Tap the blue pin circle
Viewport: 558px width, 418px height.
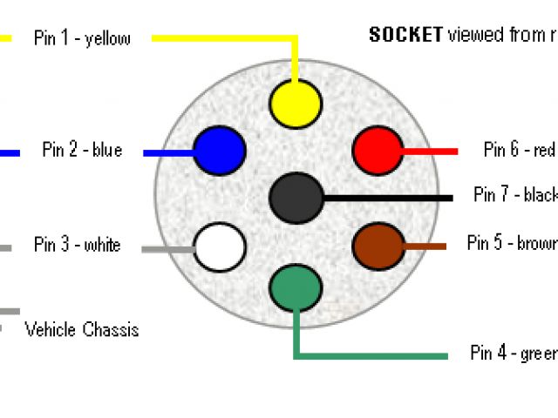219,151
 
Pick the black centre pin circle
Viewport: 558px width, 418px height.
296,198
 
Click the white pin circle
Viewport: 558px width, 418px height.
219,246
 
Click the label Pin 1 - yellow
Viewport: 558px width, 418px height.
82,38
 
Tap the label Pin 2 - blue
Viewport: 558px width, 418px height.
82,151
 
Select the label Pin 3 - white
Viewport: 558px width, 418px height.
78,245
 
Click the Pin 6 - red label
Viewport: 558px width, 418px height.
520,151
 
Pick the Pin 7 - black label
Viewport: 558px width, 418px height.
515,195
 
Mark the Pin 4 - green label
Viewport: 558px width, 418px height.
514,354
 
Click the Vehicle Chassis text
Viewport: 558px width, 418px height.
82,330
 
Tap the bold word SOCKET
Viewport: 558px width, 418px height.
405,35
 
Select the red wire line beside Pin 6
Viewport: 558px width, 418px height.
431,151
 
